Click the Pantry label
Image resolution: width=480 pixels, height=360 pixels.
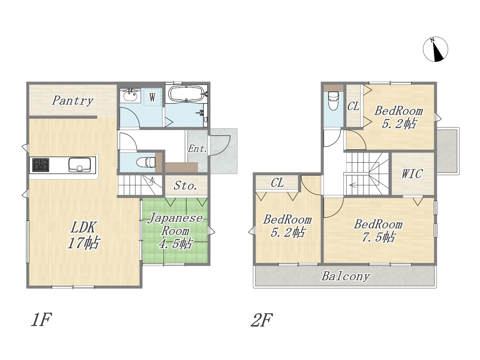tap(73, 101)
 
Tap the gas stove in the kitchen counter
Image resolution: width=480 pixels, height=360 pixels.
tap(40, 165)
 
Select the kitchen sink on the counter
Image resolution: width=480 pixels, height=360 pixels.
tap(79, 165)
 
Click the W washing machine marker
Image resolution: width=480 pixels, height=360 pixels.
tap(152, 97)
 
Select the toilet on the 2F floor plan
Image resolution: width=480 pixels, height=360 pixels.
tap(333, 101)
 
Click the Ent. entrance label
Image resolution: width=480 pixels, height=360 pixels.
tap(198, 149)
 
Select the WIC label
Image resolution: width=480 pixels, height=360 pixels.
tap(412, 174)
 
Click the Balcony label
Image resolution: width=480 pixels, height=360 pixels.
tap(345, 276)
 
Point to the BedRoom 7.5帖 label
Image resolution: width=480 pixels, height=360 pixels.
tap(378, 231)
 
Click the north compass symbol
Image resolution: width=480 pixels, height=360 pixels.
tap(435, 49)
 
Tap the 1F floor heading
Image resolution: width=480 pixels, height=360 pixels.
tap(41, 319)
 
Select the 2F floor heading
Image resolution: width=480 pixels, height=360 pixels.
tap(262, 320)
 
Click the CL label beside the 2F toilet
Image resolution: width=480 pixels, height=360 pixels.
tap(353, 106)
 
